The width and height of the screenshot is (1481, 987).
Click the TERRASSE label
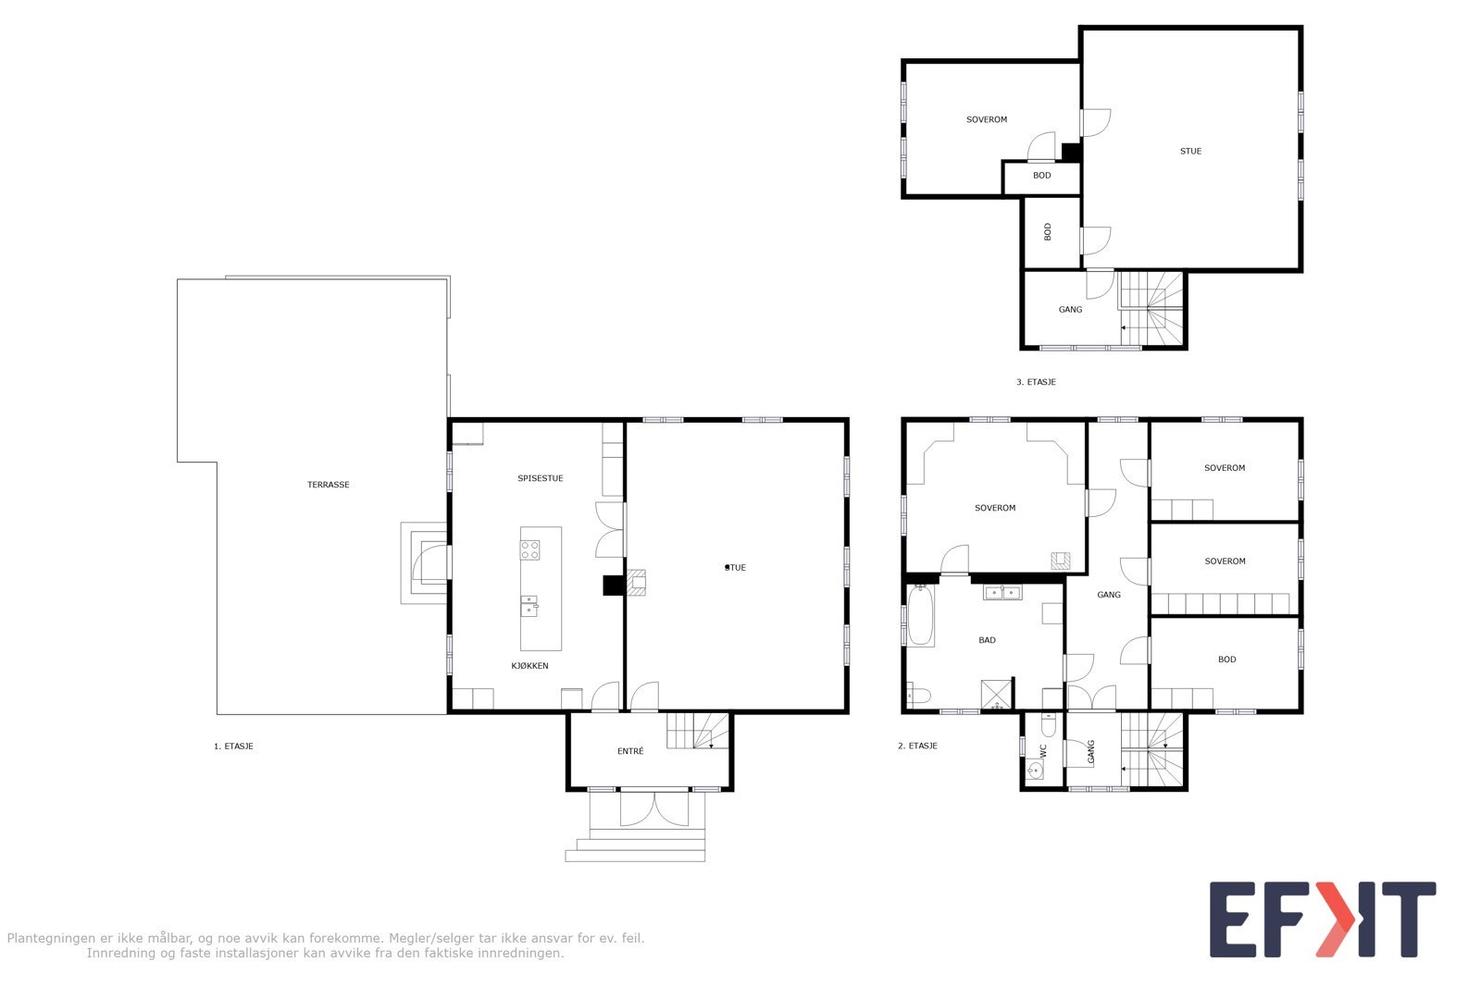tap(329, 485)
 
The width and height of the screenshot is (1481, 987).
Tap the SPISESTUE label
tap(541, 478)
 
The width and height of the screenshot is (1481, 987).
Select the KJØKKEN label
tap(530, 666)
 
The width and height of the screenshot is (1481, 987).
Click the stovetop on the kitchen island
tap(530, 549)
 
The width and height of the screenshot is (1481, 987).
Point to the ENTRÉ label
tap(630, 751)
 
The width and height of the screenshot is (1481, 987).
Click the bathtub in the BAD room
tap(920, 616)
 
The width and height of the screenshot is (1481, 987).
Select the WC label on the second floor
tap(1042, 751)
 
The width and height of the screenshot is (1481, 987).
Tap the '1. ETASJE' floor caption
tap(233, 746)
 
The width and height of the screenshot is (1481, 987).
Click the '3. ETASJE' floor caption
tap(1036, 382)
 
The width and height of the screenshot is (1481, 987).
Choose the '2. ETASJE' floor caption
tap(917, 746)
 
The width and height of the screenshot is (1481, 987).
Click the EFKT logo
tap(1322, 919)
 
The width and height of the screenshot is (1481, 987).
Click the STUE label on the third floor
tap(1190, 151)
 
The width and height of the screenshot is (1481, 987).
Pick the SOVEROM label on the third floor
tap(987, 119)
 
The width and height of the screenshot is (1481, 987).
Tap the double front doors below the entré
tap(653, 808)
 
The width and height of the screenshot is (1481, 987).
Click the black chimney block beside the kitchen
tap(613, 585)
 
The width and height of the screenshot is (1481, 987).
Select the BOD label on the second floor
tap(1226, 660)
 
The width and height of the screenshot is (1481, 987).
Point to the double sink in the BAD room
tap(1002, 593)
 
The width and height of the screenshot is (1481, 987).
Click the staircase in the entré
tap(698, 731)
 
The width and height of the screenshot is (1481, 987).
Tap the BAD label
tap(988, 640)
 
